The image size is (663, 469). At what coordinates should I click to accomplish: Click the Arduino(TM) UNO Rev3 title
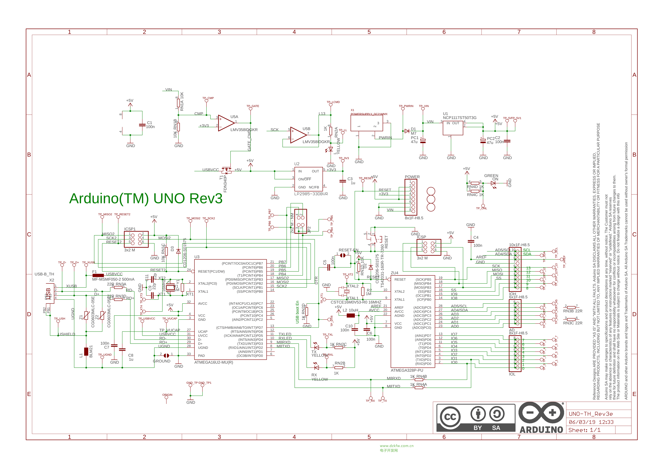(x=146, y=199)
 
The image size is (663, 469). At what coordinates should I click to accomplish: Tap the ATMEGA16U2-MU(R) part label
(x=214, y=363)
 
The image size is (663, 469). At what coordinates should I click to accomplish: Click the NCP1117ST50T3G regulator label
(x=460, y=118)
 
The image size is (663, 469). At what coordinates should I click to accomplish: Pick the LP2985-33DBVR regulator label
(x=311, y=194)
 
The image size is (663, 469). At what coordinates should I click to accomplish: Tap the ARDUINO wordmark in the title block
(x=541, y=430)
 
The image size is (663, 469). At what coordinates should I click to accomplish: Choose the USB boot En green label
(x=297, y=312)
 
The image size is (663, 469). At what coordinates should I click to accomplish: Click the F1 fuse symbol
(x=98, y=276)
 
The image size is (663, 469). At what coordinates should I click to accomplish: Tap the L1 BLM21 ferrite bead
(x=86, y=352)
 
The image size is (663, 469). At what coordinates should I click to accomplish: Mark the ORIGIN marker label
(x=167, y=395)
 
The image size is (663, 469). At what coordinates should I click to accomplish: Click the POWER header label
(x=412, y=177)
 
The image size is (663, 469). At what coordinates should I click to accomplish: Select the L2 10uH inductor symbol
(x=351, y=315)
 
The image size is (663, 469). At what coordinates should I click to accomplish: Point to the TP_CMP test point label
(x=208, y=98)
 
